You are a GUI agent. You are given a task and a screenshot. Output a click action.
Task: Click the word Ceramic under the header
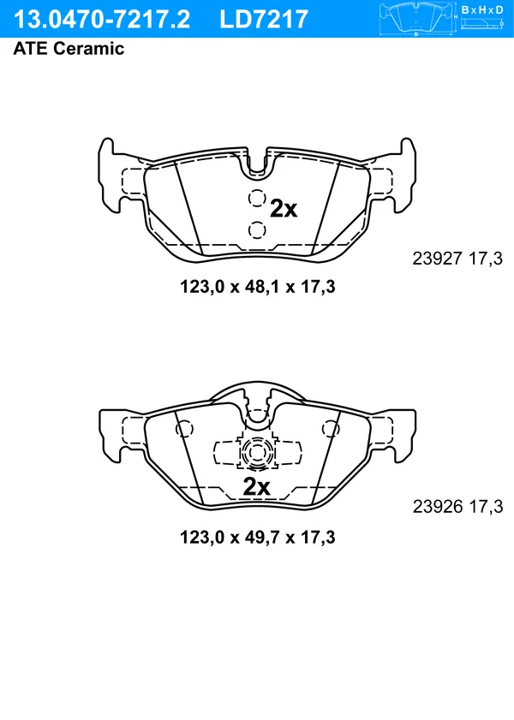88,49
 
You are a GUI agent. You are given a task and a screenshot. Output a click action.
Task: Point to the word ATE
30,49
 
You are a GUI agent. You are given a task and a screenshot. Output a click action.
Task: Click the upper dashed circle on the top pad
256,199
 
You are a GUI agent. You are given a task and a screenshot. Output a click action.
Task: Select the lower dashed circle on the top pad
256,228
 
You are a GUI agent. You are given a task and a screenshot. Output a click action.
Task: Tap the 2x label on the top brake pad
284,208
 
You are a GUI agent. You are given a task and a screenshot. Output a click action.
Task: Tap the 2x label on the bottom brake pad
256,486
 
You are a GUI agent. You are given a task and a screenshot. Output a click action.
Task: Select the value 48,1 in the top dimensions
257,288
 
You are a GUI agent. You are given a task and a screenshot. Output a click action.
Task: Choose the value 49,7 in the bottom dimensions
257,538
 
